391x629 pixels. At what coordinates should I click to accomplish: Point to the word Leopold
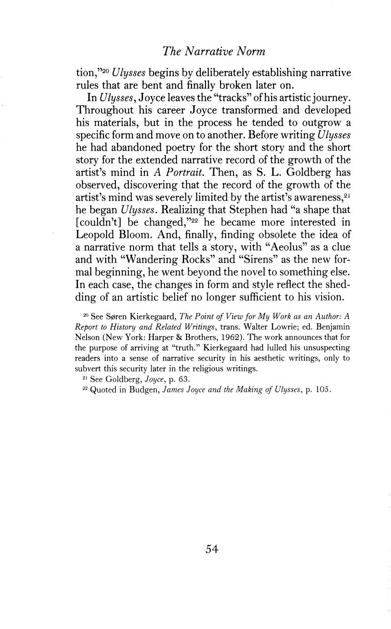(x=99, y=235)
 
